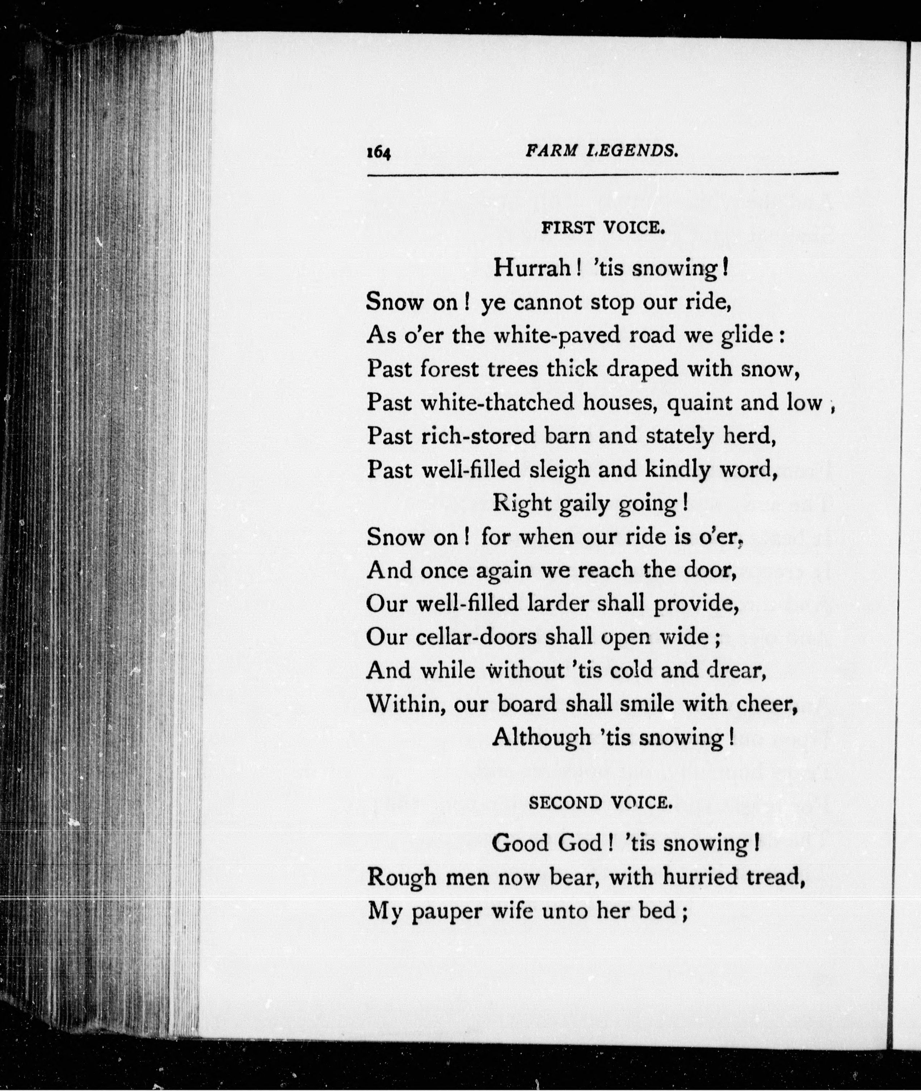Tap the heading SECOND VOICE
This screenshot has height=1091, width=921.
[x=601, y=802]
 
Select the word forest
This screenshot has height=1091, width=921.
[x=450, y=369]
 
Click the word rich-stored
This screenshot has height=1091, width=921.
[x=478, y=436]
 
